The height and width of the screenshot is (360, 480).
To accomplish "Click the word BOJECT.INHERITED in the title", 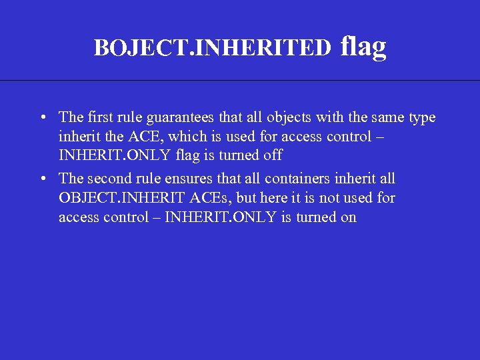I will (212, 48).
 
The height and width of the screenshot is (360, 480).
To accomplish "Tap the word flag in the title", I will (363, 46).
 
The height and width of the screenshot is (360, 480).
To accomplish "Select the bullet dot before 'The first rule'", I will (42, 118).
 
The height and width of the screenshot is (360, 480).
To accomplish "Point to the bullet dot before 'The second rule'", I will (42, 179).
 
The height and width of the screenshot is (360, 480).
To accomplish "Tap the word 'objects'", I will (286, 118).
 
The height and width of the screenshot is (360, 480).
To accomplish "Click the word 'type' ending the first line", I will (422, 118).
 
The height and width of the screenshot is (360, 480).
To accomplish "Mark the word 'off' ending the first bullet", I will (272, 156).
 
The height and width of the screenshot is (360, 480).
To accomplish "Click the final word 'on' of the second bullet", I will (349, 217).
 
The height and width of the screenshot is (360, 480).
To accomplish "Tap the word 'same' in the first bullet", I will (386, 118).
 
